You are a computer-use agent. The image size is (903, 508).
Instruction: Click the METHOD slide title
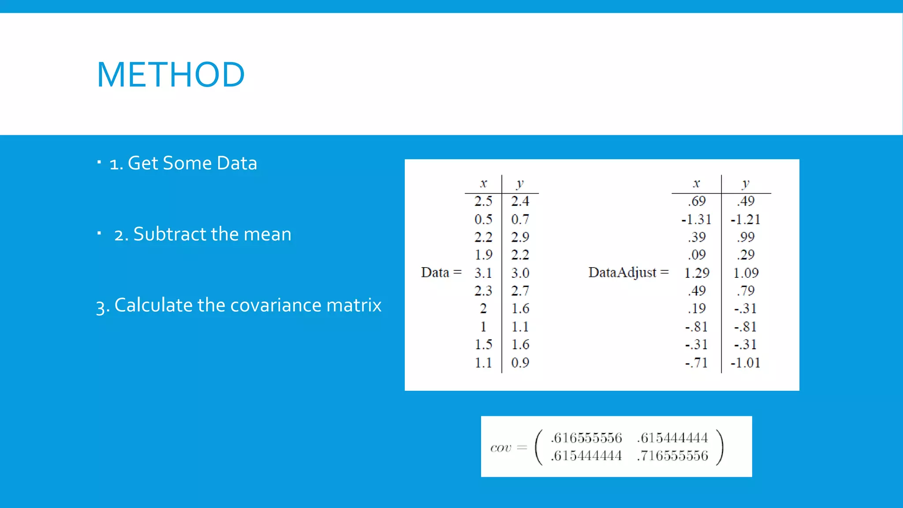click(171, 75)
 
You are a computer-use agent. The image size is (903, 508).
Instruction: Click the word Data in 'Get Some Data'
click(237, 163)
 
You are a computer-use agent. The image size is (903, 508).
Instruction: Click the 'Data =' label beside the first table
click(440, 273)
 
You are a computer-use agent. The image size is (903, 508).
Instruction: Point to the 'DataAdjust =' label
click(628, 273)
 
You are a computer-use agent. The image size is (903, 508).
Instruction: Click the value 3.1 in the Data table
click(483, 273)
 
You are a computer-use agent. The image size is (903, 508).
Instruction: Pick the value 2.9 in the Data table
click(520, 237)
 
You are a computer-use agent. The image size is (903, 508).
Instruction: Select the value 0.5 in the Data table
click(483, 219)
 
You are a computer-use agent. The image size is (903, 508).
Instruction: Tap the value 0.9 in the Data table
click(520, 362)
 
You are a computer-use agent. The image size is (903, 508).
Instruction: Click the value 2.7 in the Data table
click(520, 291)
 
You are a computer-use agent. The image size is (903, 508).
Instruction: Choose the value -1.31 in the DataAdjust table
click(696, 219)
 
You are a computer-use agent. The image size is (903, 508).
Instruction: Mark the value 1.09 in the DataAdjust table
click(746, 273)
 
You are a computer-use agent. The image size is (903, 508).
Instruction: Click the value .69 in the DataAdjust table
click(697, 201)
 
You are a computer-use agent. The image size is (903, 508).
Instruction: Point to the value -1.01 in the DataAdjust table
click(745, 362)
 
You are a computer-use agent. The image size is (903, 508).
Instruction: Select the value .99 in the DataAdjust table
click(746, 237)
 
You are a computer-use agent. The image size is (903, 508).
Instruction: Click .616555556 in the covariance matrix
click(586, 438)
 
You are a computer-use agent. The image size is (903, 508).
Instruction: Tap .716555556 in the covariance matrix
click(672, 456)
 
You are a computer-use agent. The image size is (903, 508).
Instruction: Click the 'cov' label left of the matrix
click(500, 448)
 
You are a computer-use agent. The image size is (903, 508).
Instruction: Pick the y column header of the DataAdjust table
click(746, 183)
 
